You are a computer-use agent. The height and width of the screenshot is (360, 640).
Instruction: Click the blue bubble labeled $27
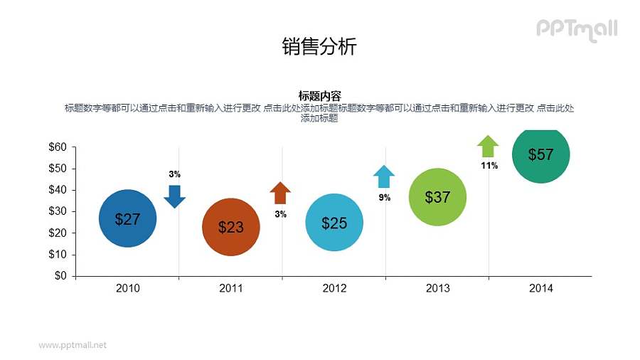pyautogui.click(x=127, y=218)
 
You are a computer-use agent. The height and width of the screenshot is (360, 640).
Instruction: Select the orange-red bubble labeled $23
pyautogui.click(x=231, y=227)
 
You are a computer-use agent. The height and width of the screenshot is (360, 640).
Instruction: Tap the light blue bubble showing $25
pyautogui.click(x=334, y=223)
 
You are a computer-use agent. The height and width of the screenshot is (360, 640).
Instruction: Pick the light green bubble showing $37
pyautogui.click(x=437, y=197)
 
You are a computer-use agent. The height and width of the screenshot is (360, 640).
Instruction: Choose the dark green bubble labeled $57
pyautogui.click(x=541, y=155)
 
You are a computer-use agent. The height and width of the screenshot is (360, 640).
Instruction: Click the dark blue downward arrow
pyautogui.click(x=175, y=196)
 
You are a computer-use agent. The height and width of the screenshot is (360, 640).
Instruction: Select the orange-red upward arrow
pyautogui.click(x=280, y=193)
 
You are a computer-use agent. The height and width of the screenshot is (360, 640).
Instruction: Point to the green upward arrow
pyautogui.click(x=488, y=146)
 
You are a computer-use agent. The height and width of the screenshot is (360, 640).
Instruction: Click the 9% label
pyautogui.click(x=384, y=198)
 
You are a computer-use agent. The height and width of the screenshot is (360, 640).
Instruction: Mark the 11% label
pyautogui.click(x=489, y=166)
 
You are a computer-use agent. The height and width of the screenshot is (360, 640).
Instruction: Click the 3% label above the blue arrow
pyautogui.click(x=175, y=174)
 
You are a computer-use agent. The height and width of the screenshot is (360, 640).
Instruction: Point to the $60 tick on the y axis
pyautogui.click(x=58, y=147)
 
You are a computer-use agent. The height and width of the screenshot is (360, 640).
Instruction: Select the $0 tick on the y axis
pyautogui.click(x=60, y=276)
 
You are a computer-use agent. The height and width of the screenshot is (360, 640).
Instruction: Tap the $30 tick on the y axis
pyautogui.click(x=58, y=211)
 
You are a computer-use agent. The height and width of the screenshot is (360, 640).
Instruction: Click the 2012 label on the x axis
pyautogui.click(x=334, y=289)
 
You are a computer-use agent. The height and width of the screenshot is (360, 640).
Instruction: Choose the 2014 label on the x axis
pyautogui.click(x=541, y=289)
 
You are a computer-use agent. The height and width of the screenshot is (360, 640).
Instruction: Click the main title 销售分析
pyautogui.click(x=319, y=47)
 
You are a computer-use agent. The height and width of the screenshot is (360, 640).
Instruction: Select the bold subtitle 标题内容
pyautogui.click(x=319, y=96)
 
